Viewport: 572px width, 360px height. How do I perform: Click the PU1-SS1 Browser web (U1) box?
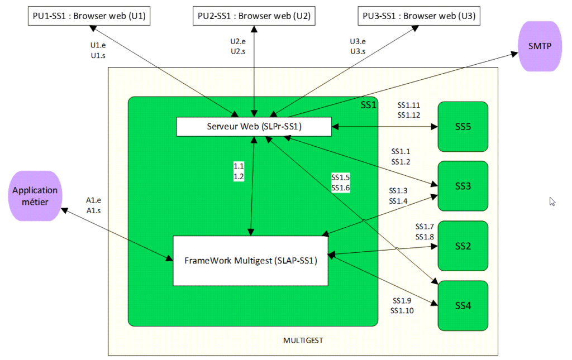pyautogui.click(x=89, y=16)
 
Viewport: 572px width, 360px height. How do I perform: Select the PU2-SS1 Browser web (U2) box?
pyautogui.click(x=254, y=16)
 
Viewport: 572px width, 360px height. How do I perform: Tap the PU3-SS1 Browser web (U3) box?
pyautogui.click(x=419, y=16)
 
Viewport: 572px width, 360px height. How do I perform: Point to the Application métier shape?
pyautogui.click(x=35, y=195)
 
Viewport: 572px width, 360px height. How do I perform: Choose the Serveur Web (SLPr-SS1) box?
pyautogui.click(x=254, y=127)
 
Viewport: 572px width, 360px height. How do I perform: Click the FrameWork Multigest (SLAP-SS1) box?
pyautogui.click(x=250, y=261)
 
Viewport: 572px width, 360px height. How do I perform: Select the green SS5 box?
pyautogui.click(x=463, y=127)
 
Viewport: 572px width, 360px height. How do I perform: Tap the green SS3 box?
pyautogui.click(x=463, y=186)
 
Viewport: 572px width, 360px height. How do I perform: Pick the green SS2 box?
pyautogui.click(x=463, y=246)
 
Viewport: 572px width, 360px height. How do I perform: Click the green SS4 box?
pyautogui.click(x=463, y=305)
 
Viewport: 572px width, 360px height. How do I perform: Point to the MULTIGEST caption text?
pyautogui.click(x=303, y=340)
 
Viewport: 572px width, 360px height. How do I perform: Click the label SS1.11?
pyautogui.click(x=408, y=105)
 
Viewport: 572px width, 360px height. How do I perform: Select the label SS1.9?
pyautogui.click(x=402, y=301)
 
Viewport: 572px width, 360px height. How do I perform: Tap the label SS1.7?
pyautogui.click(x=425, y=227)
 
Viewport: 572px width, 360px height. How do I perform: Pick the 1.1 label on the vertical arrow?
pyautogui.click(x=239, y=166)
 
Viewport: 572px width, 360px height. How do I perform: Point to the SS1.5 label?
pyautogui.click(x=340, y=177)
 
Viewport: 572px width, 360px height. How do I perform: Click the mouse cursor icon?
pyautogui.click(x=552, y=201)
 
